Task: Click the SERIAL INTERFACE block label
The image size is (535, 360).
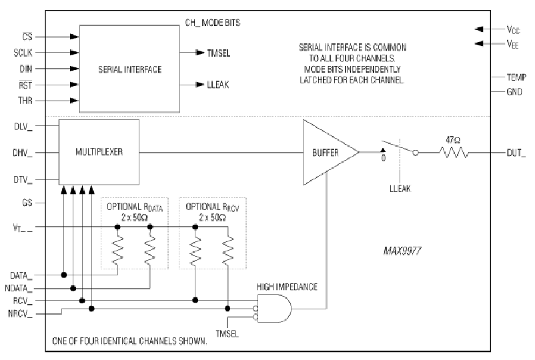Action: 129,69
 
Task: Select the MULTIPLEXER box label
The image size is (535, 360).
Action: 99,152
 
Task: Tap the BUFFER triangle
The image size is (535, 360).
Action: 331,153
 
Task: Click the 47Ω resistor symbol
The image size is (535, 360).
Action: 454,153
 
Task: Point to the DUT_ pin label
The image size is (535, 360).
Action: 516,153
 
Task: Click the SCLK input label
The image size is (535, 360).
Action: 23,53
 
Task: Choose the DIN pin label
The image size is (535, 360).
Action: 25,69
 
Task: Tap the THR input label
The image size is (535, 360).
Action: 25,101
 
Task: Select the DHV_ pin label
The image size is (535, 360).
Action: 23,153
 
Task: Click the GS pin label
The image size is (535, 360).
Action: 27,203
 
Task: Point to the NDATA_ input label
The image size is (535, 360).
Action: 19,289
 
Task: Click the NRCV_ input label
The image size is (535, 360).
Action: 20,313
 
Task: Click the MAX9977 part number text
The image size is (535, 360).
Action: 402,251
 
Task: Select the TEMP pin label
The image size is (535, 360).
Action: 516,77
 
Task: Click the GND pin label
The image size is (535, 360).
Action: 514,92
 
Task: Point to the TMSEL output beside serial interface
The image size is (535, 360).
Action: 219,53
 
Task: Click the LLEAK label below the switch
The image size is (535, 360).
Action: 400,189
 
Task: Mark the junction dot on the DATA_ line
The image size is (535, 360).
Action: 64,275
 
